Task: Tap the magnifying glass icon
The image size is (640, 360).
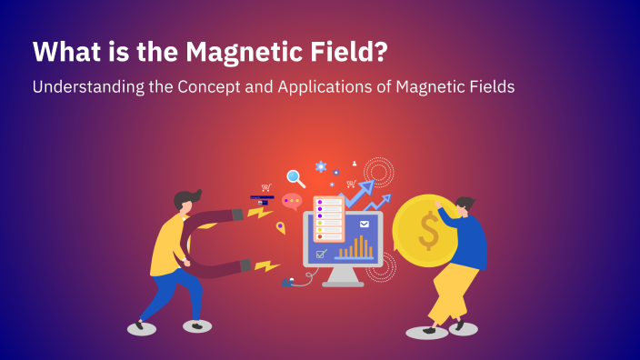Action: [295, 178]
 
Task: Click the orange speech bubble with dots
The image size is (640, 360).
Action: [292, 201]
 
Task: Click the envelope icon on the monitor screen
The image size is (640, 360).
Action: [365, 224]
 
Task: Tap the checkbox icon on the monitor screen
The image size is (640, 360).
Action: [321, 254]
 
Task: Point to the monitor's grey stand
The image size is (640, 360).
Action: [343, 275]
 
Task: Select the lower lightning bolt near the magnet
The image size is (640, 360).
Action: [265, 266]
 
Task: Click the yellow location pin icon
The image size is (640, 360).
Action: [281, 226]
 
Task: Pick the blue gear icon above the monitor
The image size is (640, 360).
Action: [321, 167]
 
